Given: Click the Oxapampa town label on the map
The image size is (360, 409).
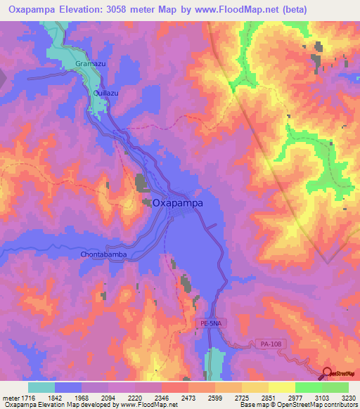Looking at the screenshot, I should (x=177, y=202).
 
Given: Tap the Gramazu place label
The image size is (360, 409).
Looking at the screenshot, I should (x=89, y=64).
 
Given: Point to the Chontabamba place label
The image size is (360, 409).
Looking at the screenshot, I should (x=103, y=255).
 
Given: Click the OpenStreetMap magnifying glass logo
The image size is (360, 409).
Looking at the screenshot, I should (x=326, y=374).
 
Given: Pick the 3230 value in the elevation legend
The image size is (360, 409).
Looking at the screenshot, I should (x=348, y=398).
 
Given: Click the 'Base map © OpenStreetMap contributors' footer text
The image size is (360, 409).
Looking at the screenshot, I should (x=297, y=405).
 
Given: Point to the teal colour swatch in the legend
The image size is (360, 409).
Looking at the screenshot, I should (x=41, y=387).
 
